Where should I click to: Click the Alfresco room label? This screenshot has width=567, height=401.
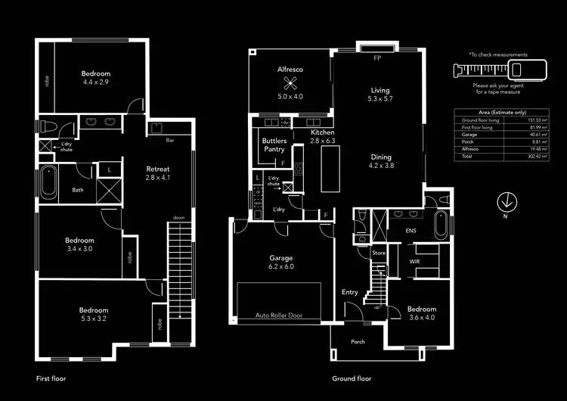click(x=290, y=70)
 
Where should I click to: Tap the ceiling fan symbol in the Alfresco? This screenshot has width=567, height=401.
click(x=288, y=83)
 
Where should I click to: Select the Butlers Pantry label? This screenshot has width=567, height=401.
click(x=274, y=145)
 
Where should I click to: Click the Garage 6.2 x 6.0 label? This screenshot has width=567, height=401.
click(x=280, y=262)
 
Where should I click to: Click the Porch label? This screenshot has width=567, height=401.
click(x=358, y=342)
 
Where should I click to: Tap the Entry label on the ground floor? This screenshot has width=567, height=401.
click(x=350, y=292)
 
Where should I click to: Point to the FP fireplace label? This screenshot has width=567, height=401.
click(x=377, y=58)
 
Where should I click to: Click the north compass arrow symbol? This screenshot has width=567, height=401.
click(x=506, y=202)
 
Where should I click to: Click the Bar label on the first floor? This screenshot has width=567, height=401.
click(x=171, y=140)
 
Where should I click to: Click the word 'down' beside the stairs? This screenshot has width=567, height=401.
click(x=178, y=217)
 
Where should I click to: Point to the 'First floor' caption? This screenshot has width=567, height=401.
click(x=53, y=378)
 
